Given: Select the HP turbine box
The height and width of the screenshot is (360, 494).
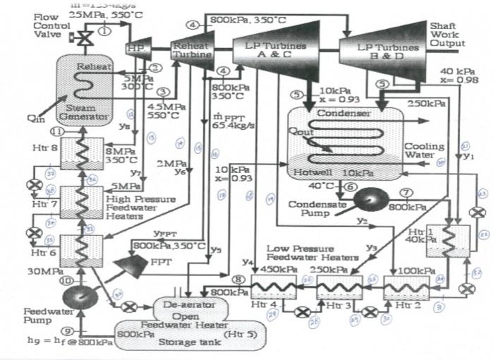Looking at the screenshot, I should (133, 48).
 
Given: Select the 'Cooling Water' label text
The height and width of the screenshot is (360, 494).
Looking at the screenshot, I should (423, 151).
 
